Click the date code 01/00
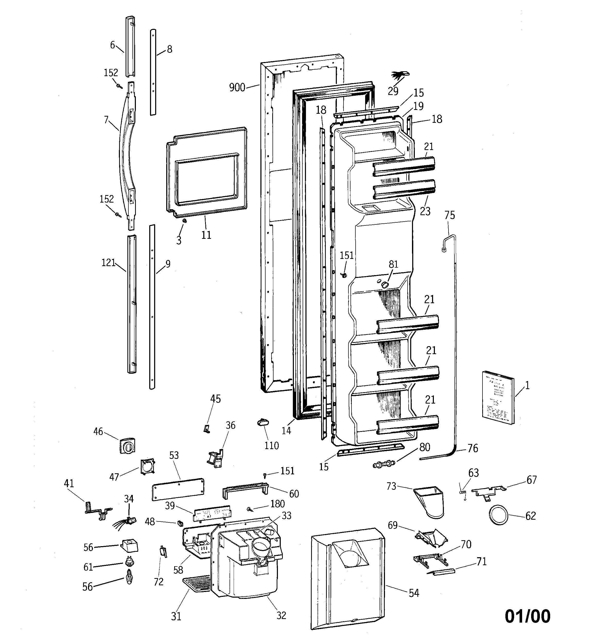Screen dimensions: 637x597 [528, 616]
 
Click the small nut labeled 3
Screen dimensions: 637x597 [185, 221]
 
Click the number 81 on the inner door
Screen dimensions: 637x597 [393, 264]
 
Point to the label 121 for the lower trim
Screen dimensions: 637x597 [108, 263]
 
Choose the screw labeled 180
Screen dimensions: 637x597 [249, 509]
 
